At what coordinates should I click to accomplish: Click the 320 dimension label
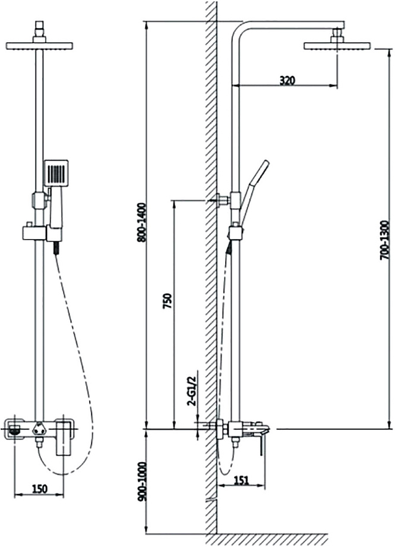point(287,81)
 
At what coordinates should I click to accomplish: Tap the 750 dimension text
point(168,301)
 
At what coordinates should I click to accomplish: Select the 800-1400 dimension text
point(142,222)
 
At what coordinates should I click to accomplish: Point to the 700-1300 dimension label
point(384,239)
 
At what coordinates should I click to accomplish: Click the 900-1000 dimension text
point(142,482)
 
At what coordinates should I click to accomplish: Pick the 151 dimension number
point(241,480)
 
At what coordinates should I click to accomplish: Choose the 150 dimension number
point(39,489)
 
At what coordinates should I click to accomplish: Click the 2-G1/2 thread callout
point(191,391)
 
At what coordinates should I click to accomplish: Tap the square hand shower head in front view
point(56,172)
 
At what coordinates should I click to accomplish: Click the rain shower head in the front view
point(39,46)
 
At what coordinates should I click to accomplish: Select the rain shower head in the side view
point(337,46)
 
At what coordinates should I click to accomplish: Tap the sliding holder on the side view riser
point(235,233)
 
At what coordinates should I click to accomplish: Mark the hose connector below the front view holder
point(55,249)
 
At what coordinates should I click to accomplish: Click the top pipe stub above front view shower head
point(39,28)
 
